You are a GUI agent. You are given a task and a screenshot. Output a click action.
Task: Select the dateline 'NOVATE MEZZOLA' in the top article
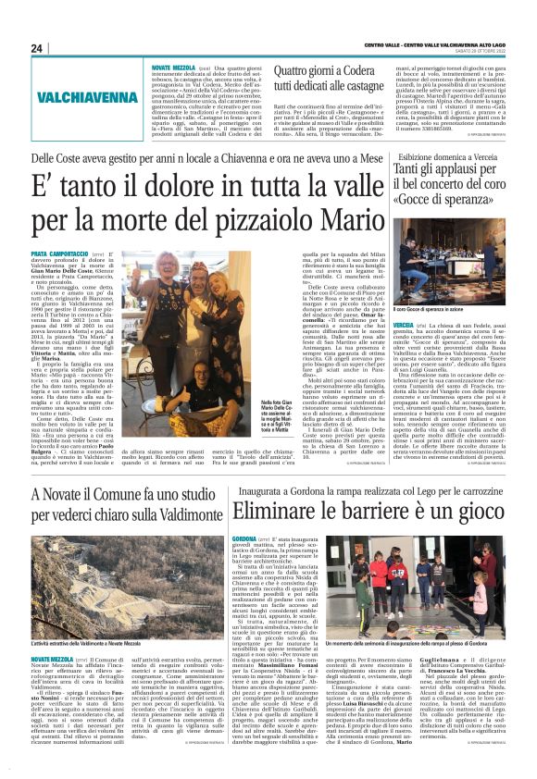coord(173,68)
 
